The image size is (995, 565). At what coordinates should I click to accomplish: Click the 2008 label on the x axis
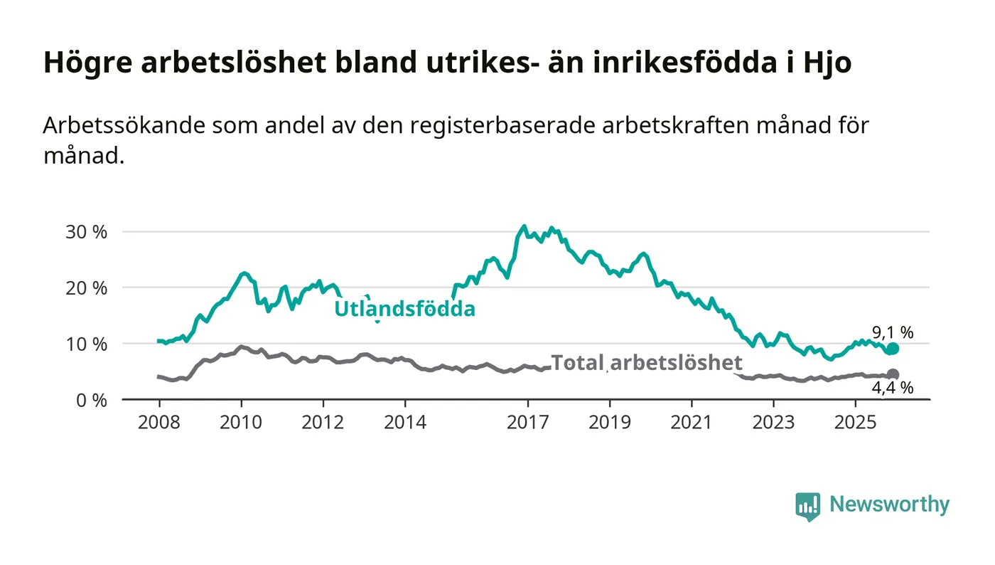158,423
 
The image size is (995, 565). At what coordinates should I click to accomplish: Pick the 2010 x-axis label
241,423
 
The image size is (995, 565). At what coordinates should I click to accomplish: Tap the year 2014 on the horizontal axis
405,423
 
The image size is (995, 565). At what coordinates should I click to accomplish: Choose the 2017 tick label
527,423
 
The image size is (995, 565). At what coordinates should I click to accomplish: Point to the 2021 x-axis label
692,423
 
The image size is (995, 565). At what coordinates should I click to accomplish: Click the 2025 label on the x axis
856,423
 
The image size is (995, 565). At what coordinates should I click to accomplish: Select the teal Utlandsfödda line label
405,310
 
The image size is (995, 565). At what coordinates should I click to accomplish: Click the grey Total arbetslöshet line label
646,362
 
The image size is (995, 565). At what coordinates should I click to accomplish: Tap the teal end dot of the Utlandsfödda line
893,349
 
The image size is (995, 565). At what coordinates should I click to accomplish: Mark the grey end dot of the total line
893,374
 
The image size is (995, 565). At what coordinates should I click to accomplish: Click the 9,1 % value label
893,332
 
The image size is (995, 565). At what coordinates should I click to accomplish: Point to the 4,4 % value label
893,389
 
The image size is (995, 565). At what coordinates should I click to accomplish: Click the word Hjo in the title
827,63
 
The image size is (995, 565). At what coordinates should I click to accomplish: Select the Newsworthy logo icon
807,506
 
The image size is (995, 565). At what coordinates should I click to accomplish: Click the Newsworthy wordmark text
889,505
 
